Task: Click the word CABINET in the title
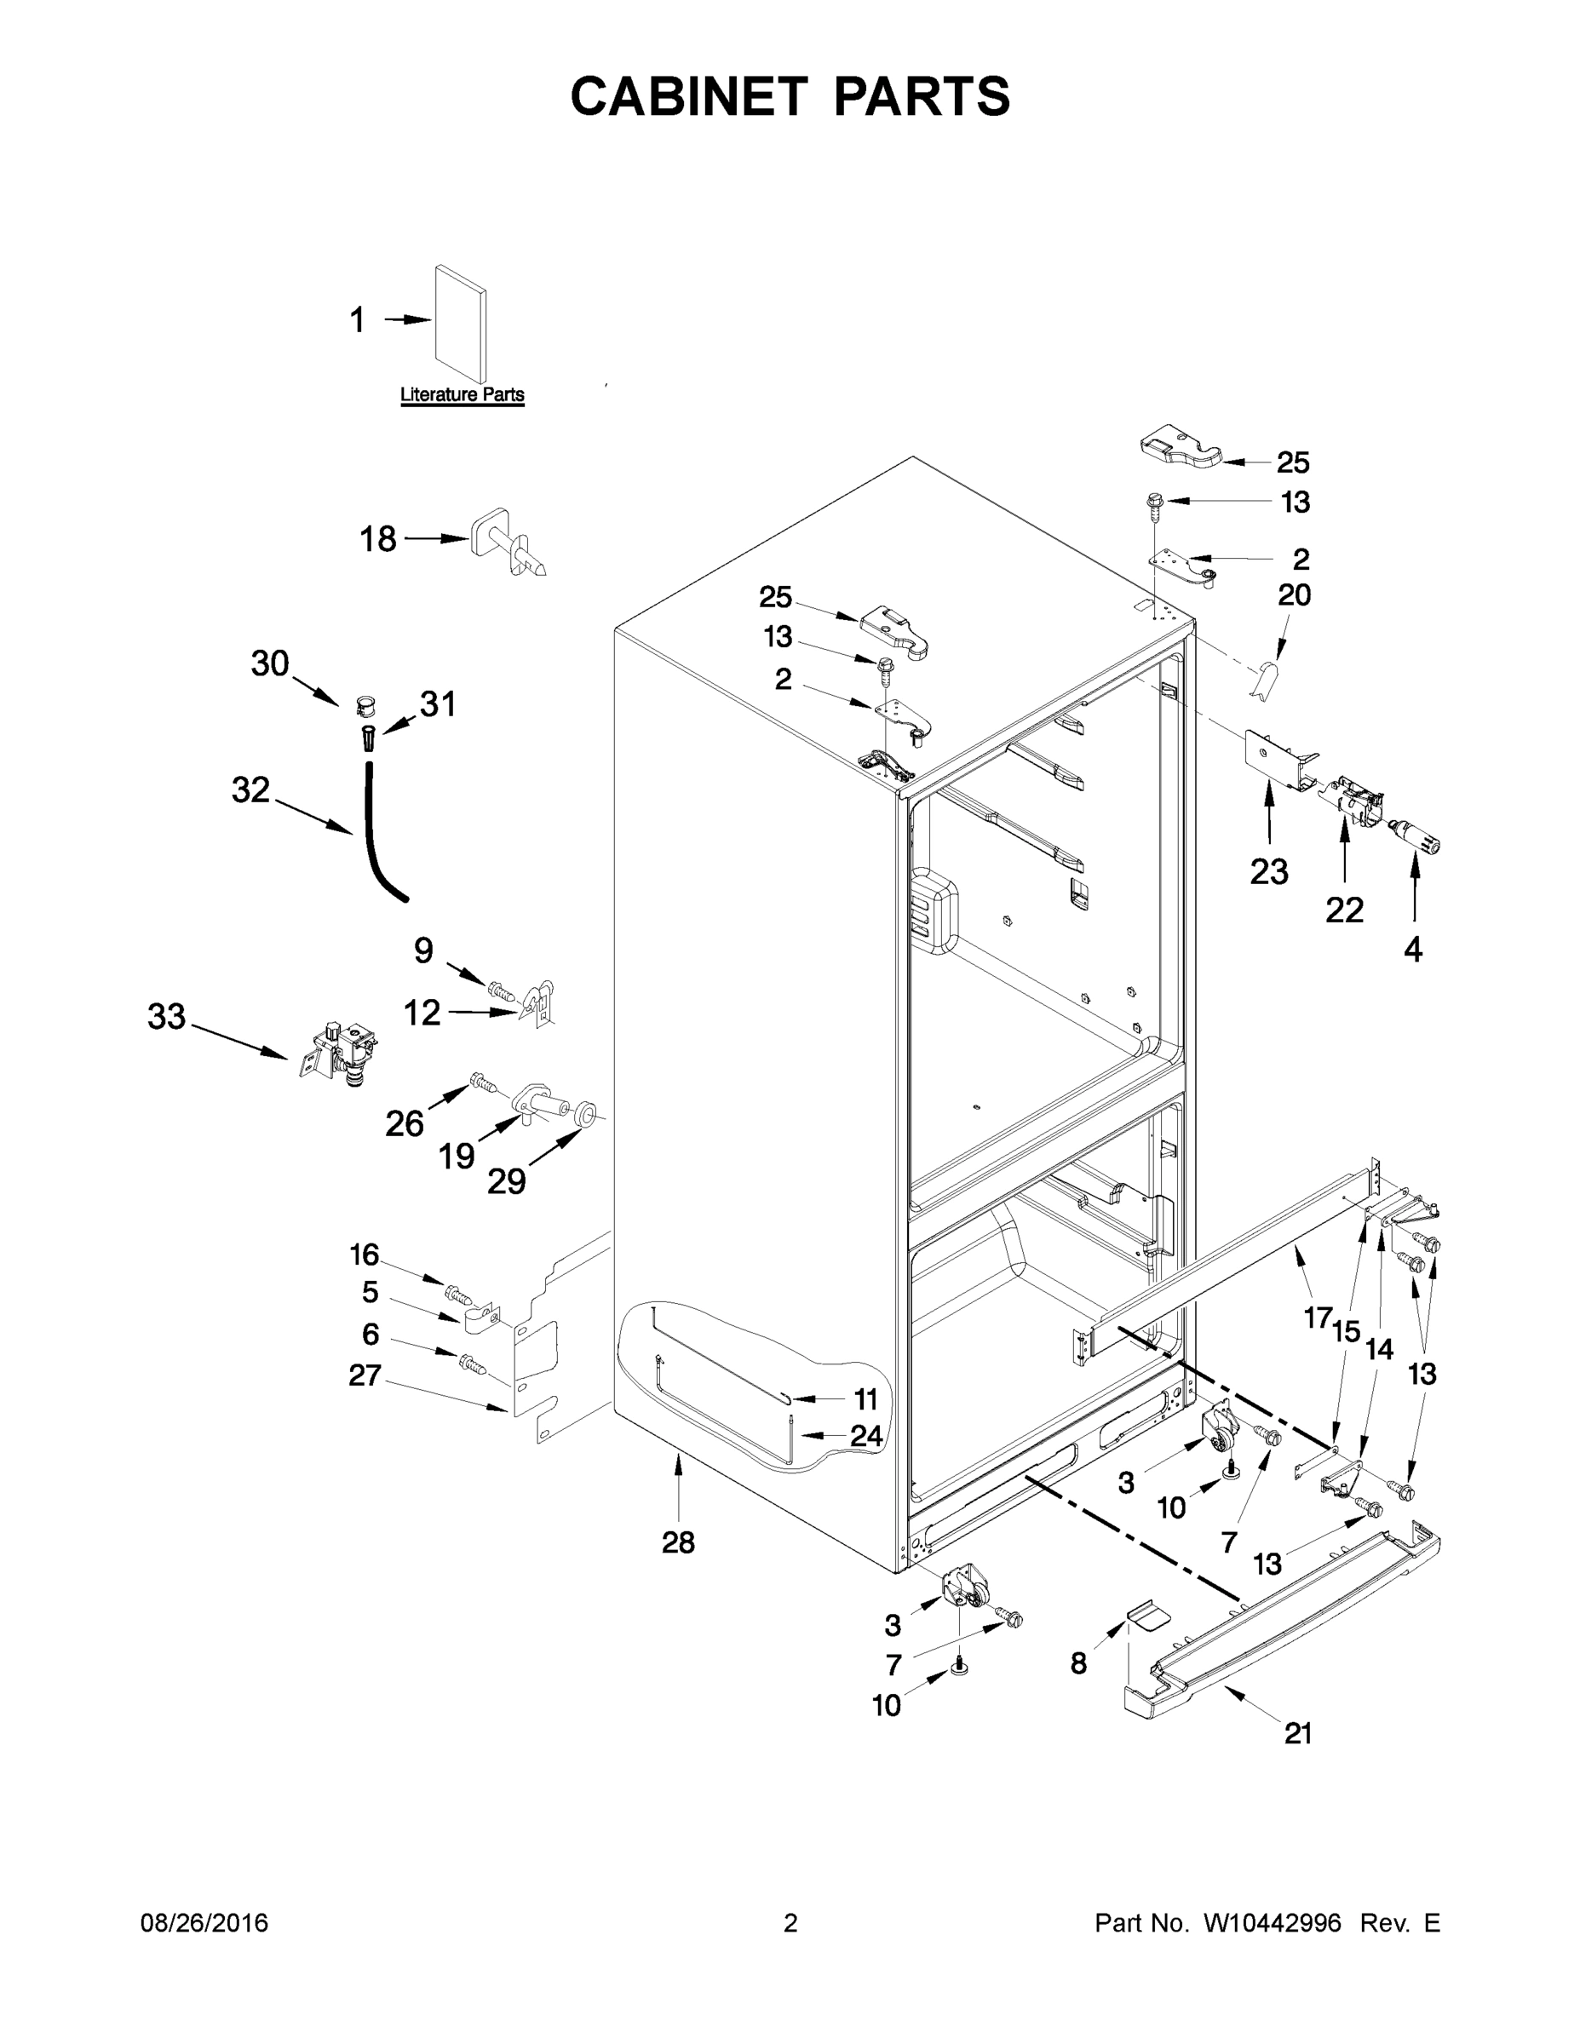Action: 689,96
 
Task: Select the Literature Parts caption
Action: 462,395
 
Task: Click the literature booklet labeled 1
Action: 461,323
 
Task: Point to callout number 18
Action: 378,539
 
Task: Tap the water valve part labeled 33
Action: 339,1052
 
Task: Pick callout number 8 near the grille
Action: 1078,1663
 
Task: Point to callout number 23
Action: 1268,872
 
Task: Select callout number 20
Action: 1295,594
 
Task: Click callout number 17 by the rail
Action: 1317,1318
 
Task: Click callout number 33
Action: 167,1016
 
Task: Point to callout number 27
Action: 365,1375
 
